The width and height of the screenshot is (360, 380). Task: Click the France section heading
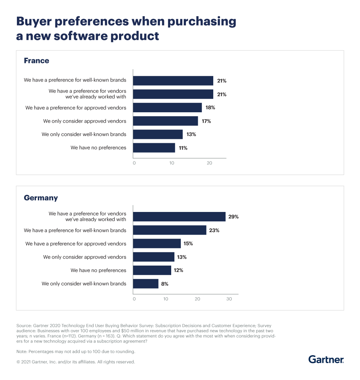tap(36, 61)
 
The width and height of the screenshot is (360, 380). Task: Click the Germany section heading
tap(41, 198)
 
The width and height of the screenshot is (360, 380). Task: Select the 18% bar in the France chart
tap(167, 108)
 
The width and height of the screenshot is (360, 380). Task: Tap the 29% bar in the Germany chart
tap(179, 217)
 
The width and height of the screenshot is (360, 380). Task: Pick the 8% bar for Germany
tap(146, 284)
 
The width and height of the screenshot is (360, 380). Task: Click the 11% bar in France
tap(154, 148)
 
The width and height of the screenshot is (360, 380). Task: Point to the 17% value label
tap(206, 121)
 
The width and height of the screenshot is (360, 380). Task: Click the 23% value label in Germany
tap(214, 230)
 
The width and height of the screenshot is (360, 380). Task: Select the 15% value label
tap(188, 244)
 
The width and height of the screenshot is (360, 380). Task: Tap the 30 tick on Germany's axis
tap(229, 299)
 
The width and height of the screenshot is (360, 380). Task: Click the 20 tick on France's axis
tap(209, 163)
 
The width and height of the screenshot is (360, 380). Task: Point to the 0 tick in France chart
tap(134, 163)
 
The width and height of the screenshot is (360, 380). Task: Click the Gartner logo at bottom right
tap(326, 359)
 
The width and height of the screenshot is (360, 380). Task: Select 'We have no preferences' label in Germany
tap(98, 270)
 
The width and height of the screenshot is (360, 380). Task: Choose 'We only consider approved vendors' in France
tap(85, 121)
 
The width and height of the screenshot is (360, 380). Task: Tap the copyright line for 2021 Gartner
tap(76, 362)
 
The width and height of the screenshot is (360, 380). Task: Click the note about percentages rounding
tap(76, 351)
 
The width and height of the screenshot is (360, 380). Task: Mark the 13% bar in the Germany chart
tap(154, 257)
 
